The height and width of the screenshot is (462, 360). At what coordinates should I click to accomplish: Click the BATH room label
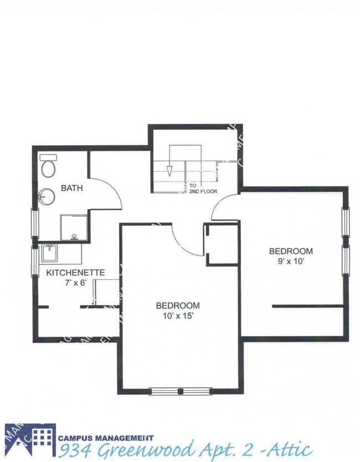72,188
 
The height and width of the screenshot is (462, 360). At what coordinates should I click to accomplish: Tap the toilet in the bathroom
49,165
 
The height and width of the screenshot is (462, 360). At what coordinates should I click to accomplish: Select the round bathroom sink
47,196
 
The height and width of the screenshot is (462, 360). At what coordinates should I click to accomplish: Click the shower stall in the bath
73,227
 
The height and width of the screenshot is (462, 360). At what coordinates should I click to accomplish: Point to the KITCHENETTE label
75,272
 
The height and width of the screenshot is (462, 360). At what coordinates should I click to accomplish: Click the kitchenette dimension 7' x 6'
76,282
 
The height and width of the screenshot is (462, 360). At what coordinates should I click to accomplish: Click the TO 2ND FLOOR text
203,189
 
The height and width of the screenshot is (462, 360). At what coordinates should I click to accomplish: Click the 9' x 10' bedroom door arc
221,206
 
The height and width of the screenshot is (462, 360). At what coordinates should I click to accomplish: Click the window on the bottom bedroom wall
181,392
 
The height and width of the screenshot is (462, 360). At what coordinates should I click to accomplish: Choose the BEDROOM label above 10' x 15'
177,305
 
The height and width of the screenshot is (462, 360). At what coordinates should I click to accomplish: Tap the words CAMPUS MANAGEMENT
106,438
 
